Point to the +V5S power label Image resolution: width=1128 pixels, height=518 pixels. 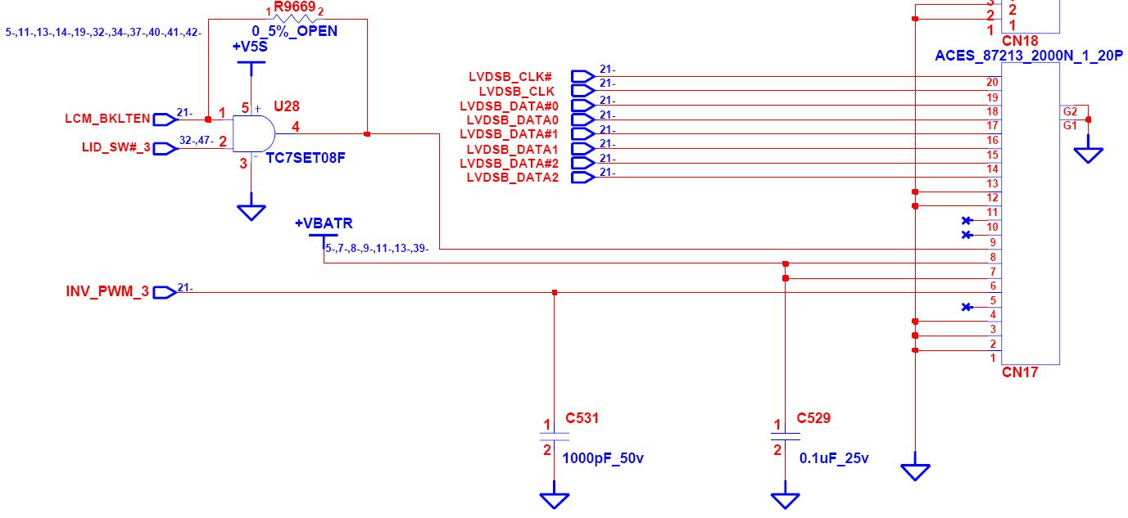pos(250,47)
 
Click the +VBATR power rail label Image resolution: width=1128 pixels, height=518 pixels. pos(324,223)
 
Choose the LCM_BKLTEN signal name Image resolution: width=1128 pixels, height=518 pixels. pos(107,119)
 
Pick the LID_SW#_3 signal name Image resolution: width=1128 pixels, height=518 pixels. pos(116,148)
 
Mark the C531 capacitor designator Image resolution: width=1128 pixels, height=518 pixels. pos(583,418)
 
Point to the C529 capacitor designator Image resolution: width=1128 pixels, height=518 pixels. pos(813,418)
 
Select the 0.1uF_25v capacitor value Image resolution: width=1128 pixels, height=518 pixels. pos(834,458)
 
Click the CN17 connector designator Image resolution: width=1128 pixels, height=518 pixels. pos(1020,372)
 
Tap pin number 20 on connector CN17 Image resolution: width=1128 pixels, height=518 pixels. pos(992,82)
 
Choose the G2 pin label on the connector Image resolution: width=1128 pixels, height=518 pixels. pos(1070,111)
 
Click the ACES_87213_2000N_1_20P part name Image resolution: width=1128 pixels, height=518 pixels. pos(1027,55)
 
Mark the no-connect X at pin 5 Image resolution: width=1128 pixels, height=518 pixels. pos(967,307)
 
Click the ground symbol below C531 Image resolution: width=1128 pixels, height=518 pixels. pos(555,498)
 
